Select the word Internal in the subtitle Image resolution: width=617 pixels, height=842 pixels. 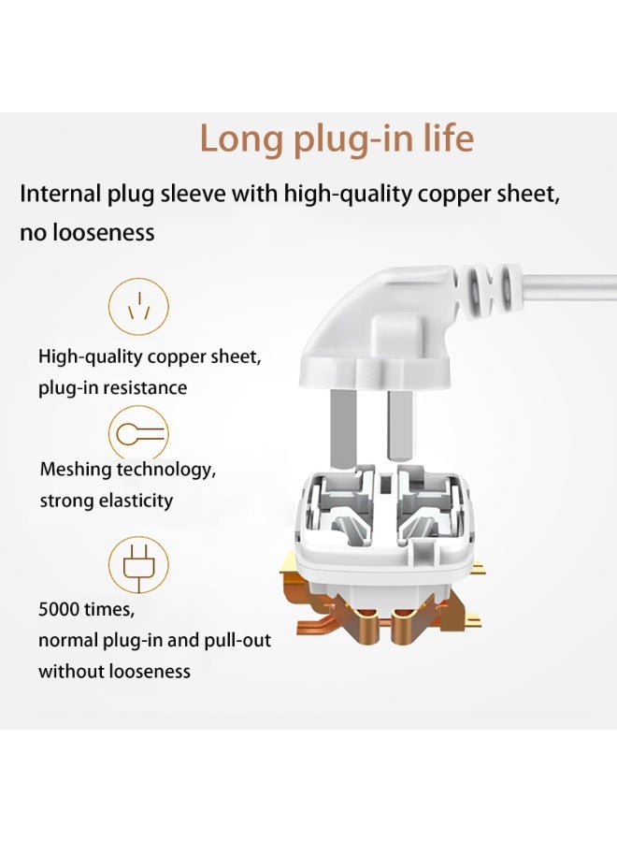point(60,194)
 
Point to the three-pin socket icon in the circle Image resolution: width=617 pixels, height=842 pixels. point(139,307)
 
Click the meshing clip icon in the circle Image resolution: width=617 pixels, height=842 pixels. point(139,434)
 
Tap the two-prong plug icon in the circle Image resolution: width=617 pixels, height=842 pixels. point(139,564)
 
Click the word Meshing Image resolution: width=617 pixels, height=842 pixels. point(76,470)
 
